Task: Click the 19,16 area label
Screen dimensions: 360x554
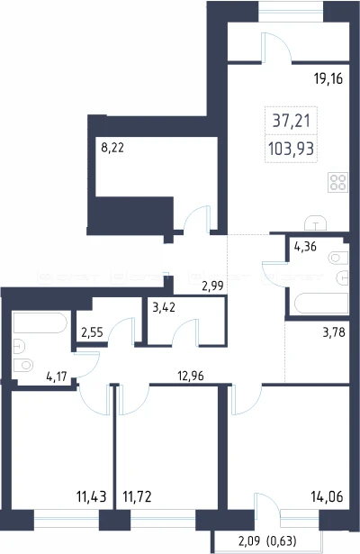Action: pyautogui.click(x=328, y=78)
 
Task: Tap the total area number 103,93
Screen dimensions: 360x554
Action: pyautogui.click(x=292, y=149)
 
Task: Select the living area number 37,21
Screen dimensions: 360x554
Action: pyautogui.click(x=292, y=121)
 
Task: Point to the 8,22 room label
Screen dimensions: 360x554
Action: pyautogui.click(x=112, y=148)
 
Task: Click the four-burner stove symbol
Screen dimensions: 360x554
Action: pyautogui.click(x=337, y=182)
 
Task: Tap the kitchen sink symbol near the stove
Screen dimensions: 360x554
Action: pyautogui.click(x=316, y=223)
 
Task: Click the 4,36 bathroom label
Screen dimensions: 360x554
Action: pyautogui.click(x=305, y=246)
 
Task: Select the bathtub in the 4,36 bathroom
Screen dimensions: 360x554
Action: pyautogui.click(x=319, y=304)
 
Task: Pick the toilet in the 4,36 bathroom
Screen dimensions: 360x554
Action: pyautogui.click(x=338, y=258)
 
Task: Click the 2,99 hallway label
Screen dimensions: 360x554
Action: pyautogui.click(x=212, y=286)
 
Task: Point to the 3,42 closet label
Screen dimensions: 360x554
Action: pyautogui.click(x=164, y=307)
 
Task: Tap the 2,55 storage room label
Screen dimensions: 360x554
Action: pyautogui.click(x=92, y=332)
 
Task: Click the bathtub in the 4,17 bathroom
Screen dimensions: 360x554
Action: pyautogui.click(x=40, y=322)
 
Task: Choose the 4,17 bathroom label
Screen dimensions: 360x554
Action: pyautogui.click(x=57, y=377)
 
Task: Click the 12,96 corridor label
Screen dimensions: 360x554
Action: pyautogui.click(x=191, y=376)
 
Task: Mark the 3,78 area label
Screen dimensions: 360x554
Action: pyautogui.click(x=334, y=332)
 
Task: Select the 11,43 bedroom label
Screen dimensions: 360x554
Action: pyautogui.click(x=92, y=496)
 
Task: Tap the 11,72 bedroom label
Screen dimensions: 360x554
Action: pyautogui.click(x=137, y=496)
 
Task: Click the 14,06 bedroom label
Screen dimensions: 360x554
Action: pyautogui.click(x=327, y=496)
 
